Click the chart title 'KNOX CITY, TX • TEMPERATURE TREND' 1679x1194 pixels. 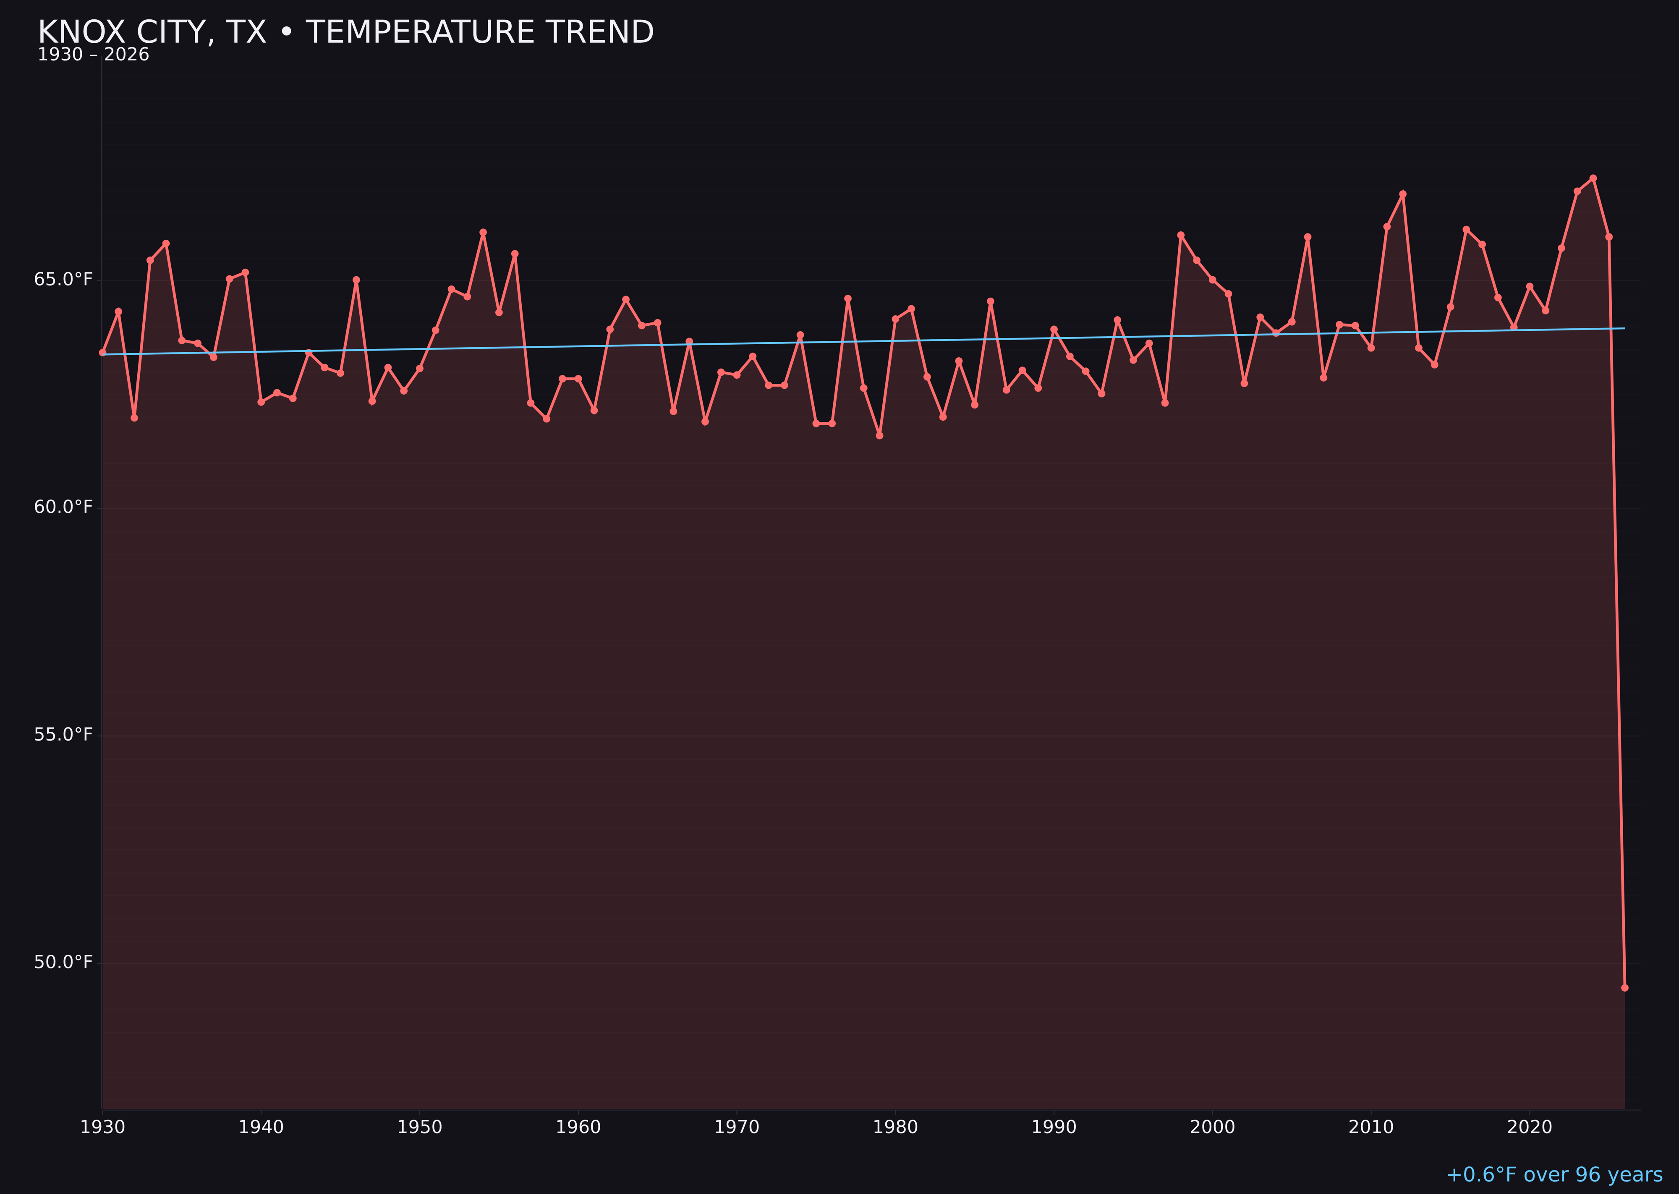(345, 32)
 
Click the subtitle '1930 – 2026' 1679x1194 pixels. (93, 55)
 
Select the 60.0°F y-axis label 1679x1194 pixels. (63, 507)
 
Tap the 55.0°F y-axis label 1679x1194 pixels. (63, 734)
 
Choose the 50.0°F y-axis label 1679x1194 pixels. (63, 962)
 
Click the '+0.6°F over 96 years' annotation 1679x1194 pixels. (1554, 1175)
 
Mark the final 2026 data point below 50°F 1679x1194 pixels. (1624, 987)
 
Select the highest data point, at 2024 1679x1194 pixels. (1593, 178)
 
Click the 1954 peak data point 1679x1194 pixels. (483, 232)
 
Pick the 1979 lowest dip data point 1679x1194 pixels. (879, 436)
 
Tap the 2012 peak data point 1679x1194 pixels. (1403, 194)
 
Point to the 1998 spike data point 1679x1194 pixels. (1181, 235)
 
